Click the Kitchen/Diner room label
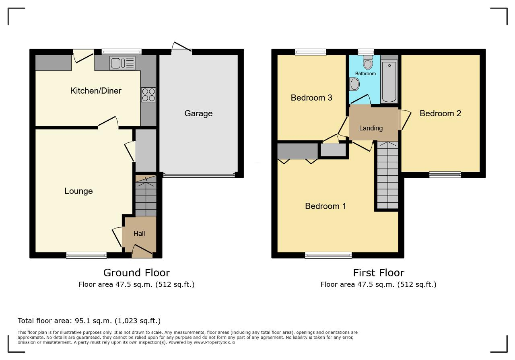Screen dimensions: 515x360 click(x=96, y=91)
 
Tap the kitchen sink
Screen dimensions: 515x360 click(x=122, y=63)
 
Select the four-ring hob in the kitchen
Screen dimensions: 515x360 click(x=148, y=95)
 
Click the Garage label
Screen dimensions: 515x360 click(x=198, y=113)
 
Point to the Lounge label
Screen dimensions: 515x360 click(x=78, y=191)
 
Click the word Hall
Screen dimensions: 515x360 click(x=139, y=234)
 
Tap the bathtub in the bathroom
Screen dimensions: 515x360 click(x=389, y=81)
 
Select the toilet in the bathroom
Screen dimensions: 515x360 click(x=368, y=62)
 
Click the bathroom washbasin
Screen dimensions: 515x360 click(x=354, y=84)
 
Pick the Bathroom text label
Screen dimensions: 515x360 click(x=365, y=74)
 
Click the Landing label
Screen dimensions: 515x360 click(x=371, y=128)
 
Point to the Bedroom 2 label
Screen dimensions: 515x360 click(x=440, y=113)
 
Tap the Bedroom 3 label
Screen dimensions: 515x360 click(x=311, y=98)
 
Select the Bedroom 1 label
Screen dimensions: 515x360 click(x=325, y=206)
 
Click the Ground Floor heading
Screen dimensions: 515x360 click(x=136, y=273)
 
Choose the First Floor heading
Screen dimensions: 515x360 click(x=379, y=273)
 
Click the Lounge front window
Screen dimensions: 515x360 click(x=87, y=255)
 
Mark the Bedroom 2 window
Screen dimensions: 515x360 click(x=445, y=175)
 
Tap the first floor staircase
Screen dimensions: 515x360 click(x=387, y=175)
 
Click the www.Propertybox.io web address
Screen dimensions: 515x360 click(x=214, y=343)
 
